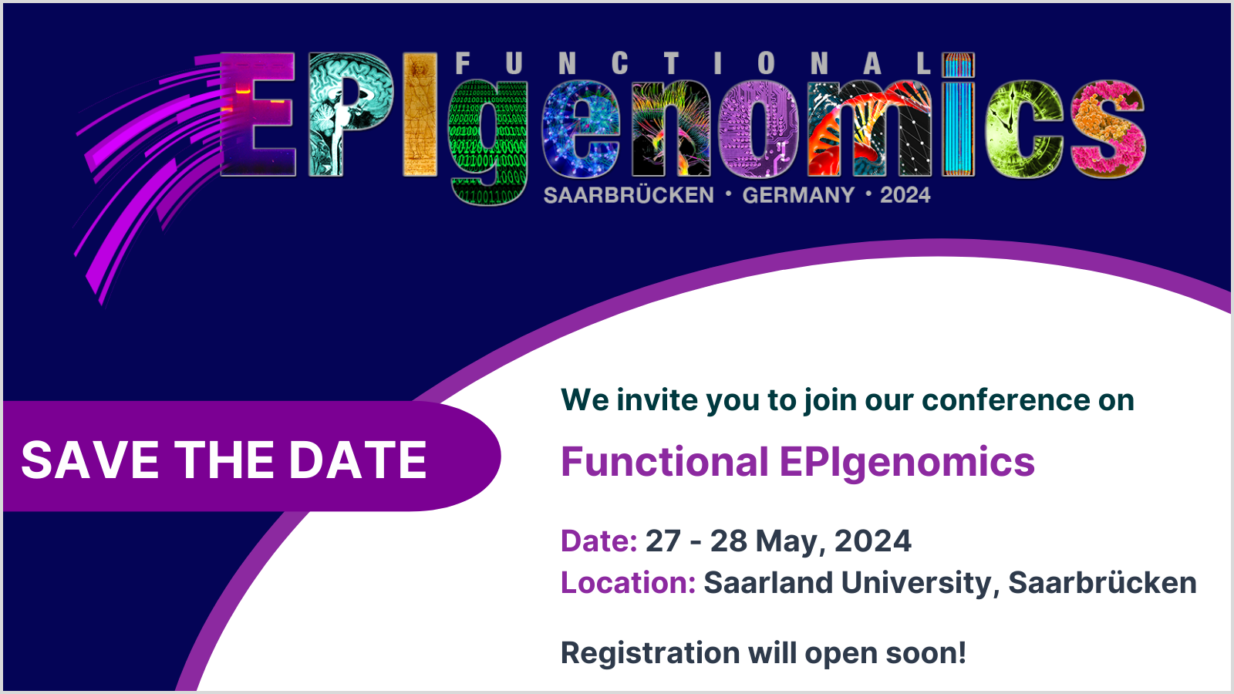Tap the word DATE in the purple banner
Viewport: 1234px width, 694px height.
[358, 460]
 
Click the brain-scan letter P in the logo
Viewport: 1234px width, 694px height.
[351, 115]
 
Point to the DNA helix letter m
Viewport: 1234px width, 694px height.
[869, 128]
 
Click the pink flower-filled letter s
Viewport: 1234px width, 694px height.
[1108, 130]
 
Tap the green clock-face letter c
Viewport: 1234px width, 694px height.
[1024, 130]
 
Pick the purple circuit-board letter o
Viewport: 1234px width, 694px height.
[759, 130]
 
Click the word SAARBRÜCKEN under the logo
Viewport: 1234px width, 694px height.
[629, 195]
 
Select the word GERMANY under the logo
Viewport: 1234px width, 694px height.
[798, 195]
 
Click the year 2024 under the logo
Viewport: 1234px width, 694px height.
[905, 195]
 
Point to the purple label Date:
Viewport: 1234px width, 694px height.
[598, 541]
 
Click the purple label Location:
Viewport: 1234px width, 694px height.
[629, 582]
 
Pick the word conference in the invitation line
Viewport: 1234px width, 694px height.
[1006, 400]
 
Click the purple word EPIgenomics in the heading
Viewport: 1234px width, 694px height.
[907, 463]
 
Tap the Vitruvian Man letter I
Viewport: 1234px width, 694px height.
[420, 115]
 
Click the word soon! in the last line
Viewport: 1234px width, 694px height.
[925, 653]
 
